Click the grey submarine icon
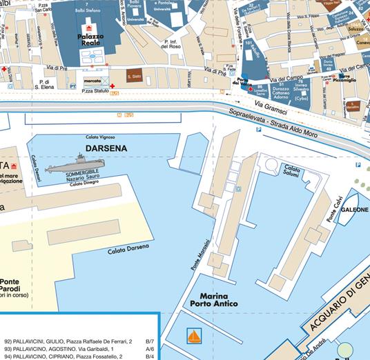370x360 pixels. click(69, 166)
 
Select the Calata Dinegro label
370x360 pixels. click(85, 183)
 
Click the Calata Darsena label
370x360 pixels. click(128, 249)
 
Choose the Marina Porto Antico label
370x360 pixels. click(209, 299)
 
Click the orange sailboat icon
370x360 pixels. click(195, 337)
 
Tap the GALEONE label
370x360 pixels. click(354, 208)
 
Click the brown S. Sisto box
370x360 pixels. click(134, 76)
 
